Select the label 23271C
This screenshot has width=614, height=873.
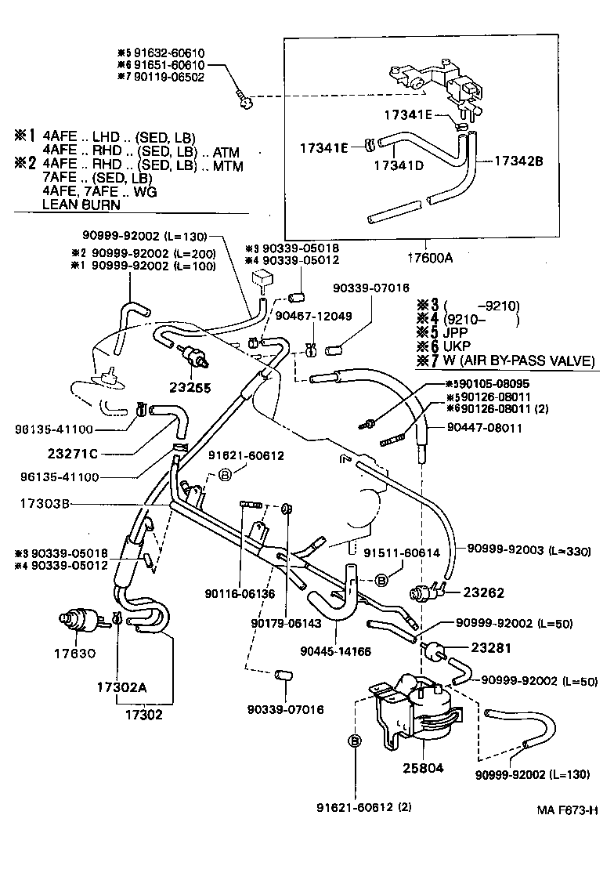click(x=73, y=452)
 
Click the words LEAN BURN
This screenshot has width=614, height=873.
click(x=81, y=205)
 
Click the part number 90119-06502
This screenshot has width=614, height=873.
click(x=166, y=77)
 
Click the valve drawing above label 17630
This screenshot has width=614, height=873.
click(x=81, y=622)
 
